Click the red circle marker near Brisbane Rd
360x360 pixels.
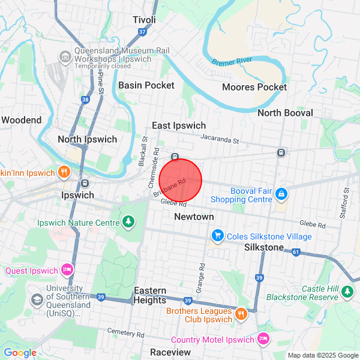click(180, 180)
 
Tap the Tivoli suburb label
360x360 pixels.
click(144, 20)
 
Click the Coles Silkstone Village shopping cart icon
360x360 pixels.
click(218, 236)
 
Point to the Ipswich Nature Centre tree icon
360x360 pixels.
click(128, 223)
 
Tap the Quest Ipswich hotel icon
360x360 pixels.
click(67, 270)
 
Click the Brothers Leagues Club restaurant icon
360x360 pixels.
click(241, 313)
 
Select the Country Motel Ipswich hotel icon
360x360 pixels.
click(262, 340)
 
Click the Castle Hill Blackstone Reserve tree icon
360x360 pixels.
click(347, 292)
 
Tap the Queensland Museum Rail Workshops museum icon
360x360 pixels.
click(65, 57)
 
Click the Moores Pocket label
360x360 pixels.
click(254, 87)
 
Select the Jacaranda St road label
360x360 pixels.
click(220, 140)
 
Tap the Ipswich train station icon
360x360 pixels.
click(85, 184)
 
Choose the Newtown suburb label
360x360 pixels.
click(194, 217)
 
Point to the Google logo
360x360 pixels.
click(20, 353)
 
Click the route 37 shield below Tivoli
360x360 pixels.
click(142, 32)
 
